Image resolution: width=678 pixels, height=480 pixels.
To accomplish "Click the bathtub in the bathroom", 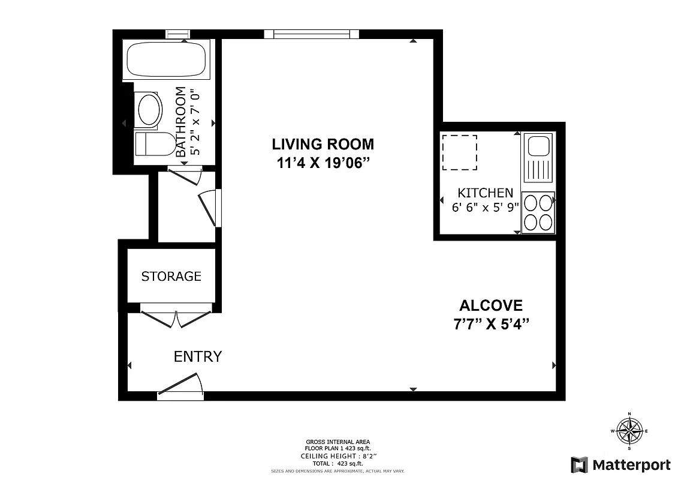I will tap(166, 59).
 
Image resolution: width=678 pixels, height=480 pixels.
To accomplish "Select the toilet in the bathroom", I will tap(155, 144).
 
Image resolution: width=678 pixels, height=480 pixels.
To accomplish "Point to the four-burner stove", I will tap(538, 212).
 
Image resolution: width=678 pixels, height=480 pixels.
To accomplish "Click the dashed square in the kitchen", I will tap(459, 152).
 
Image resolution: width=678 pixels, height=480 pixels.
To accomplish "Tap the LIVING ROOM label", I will tap(323, 144).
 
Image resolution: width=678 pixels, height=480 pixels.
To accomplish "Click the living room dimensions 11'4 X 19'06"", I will tap(323, 164).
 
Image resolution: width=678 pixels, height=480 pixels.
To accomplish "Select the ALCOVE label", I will tap(491, 305).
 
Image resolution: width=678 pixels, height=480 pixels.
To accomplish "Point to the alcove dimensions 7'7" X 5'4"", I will tap(491, 325).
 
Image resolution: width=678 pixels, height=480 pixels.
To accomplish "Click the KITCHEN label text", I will tap(485, 193).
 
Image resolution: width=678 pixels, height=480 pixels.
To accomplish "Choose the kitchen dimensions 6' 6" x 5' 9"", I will tap(485, 208).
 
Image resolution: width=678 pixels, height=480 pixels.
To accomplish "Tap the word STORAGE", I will tap(171, 276).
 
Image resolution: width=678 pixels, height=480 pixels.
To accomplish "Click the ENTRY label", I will tap(198, 356).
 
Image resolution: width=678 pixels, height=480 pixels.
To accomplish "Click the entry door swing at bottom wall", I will tap(180, 386).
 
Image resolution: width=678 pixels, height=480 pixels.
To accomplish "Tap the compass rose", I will tap(629, 430).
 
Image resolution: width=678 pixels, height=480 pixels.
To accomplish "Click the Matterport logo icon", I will tap(579, 464).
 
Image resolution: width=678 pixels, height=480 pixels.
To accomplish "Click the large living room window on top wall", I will tap(311, 34).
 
